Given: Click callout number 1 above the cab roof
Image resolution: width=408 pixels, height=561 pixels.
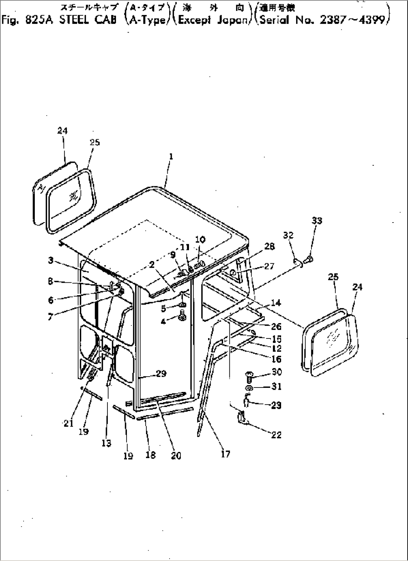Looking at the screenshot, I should pyautogui.click(x=171, y=157).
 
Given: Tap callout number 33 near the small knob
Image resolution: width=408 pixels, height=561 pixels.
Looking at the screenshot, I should pyautogui.click(x=317, y=221).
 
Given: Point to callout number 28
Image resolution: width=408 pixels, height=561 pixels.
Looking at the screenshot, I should pyautogui.click(x=270, y=246).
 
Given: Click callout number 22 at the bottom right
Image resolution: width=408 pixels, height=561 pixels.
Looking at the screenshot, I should pyautogui.click(x=276, y=435).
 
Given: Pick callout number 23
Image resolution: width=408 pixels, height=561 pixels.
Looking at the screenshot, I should pyautogui.click(x=276, y=405).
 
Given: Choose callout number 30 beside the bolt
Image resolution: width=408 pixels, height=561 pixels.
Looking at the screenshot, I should pyautogui.click(x=276, y=372).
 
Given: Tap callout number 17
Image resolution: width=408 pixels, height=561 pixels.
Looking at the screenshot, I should pyautogui.click(x=226, y=454).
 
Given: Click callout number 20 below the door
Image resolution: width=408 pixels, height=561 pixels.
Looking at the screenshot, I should pyautogui.click(x=176, y=455).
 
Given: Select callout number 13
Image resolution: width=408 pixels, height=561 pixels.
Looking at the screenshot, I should pyautogui.click(x=107, y=443).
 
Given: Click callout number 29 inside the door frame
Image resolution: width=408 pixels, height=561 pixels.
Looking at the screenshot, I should pyautogui.click(x=161, y=373).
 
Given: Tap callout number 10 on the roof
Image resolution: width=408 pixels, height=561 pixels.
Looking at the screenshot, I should pyautogui.click(x=200, y=239).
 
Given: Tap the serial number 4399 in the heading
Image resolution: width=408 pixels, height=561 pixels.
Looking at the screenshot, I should pyautogui.click(x=370, y=19).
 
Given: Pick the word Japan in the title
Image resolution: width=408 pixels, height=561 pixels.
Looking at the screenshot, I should pyautogui.click(x=232, y=19).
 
